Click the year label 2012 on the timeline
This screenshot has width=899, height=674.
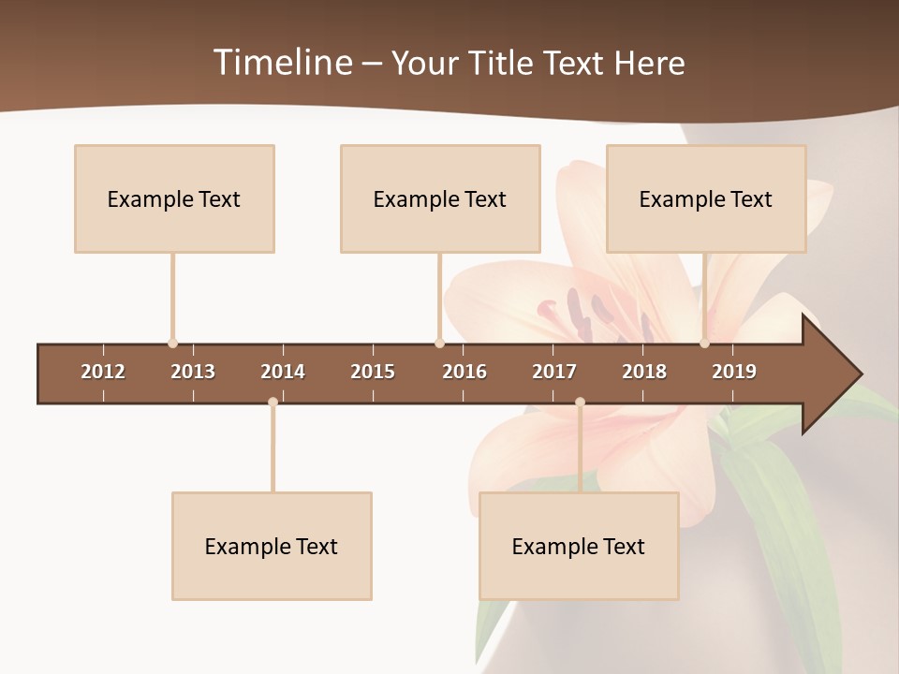tap(103, 372)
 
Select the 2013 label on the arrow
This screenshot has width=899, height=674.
tap(193, 372)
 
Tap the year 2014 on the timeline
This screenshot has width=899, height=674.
tap(283, 372)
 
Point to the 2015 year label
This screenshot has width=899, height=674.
tap(373, 372)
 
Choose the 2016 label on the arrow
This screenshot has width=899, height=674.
tap(464, 372)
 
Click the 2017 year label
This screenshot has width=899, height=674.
tap(554, 372)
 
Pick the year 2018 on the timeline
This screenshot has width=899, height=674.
tap(644, 372)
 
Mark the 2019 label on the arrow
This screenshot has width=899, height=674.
tap(734, 372)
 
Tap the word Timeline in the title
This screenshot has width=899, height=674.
tap(281, 63)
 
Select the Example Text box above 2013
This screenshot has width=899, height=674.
tap(174, 198)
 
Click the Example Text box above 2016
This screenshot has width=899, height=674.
tap(440, 198)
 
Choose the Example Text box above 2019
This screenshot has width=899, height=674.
tap(706, 198)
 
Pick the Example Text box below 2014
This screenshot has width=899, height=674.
tap(272, 546)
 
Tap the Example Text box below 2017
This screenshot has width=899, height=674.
tap(579, 546)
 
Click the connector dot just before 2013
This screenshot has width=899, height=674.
tap(172, 344)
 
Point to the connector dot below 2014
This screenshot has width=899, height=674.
tap(273, 403)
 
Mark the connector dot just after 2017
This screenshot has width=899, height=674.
tap(580, 403)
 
